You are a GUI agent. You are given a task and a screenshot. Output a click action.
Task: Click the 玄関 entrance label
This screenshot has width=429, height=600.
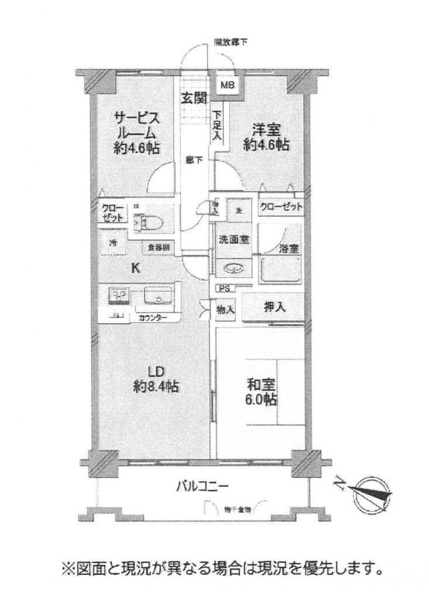(x=194, y=98)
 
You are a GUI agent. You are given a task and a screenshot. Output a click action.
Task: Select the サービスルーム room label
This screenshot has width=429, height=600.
(x=137, y=132)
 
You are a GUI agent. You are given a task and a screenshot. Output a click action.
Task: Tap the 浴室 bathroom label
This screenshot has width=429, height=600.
(x=289, y=248)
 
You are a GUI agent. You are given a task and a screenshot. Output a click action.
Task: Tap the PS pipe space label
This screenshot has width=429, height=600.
(x=224, y=288)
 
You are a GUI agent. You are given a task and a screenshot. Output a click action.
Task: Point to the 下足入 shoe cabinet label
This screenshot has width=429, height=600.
(x=217, y=125)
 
